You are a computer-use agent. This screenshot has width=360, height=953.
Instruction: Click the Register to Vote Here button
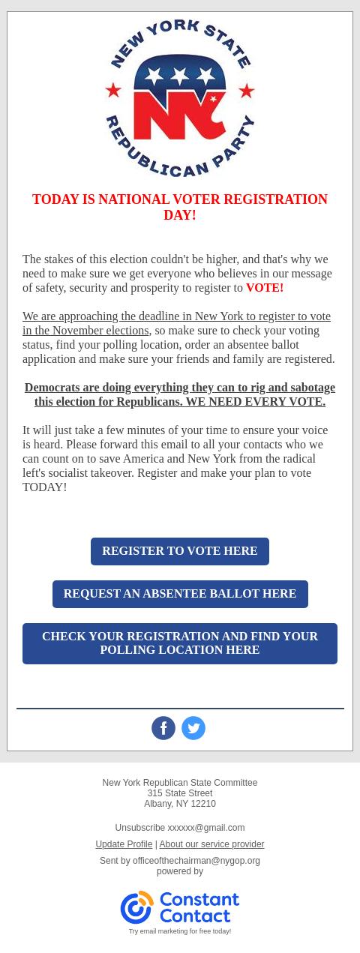(180, 551)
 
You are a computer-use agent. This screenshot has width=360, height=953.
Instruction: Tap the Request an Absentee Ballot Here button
(180, 594)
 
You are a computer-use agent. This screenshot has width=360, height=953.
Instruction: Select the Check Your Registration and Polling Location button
(180, 643)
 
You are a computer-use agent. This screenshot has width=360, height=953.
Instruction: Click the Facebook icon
(163, 728)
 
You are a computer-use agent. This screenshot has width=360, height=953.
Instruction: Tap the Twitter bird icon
(193, 728)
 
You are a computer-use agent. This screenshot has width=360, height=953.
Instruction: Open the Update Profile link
(124, 844)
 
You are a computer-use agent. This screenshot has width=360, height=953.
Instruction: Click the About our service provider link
(211, 844)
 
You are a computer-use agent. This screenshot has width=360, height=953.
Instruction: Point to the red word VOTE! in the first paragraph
(265, 288)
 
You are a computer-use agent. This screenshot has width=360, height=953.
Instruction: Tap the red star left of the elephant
(113, 91)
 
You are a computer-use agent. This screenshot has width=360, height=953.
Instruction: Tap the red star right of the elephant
(246, 91)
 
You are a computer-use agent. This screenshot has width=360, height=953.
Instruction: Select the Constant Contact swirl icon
(136, 907)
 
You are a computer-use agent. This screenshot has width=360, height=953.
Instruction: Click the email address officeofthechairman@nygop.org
(196, 861)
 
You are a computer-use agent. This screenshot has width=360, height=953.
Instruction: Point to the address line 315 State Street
(180, 793)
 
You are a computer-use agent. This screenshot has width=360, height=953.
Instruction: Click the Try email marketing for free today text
(180, 931)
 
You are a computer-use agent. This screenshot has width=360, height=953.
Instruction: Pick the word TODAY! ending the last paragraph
(45, 487)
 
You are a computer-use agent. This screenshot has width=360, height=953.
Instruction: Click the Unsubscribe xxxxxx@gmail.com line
(180, 828)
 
